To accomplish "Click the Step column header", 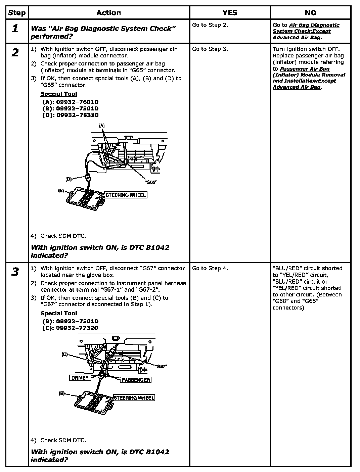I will pos(17,13).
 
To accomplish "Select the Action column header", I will pos(108,13).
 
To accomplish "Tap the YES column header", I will pos(230,13).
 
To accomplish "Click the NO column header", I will pos(310,13).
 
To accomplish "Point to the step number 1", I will pos(15,29).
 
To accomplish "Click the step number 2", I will pos(15,53).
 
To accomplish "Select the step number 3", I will pos(15,272).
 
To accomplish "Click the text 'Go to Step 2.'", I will pos(210,25).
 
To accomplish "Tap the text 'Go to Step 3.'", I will pos(210,49).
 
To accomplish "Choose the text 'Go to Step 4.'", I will pos(210,268).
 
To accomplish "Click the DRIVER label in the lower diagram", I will pos(80,378).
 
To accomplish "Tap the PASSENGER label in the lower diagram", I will pos(136,380).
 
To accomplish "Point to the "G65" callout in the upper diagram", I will pos(151,182).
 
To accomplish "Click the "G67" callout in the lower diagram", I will pos(162,366).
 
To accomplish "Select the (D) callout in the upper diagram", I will pos(69,179).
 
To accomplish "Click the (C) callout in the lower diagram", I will pos(65,354).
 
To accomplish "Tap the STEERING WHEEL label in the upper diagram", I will pos(126,195).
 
